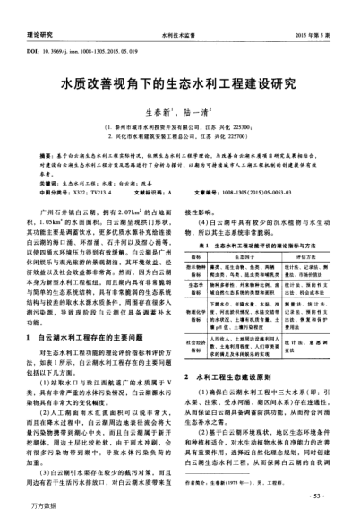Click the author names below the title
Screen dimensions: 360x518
click(x=179, y=115)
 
